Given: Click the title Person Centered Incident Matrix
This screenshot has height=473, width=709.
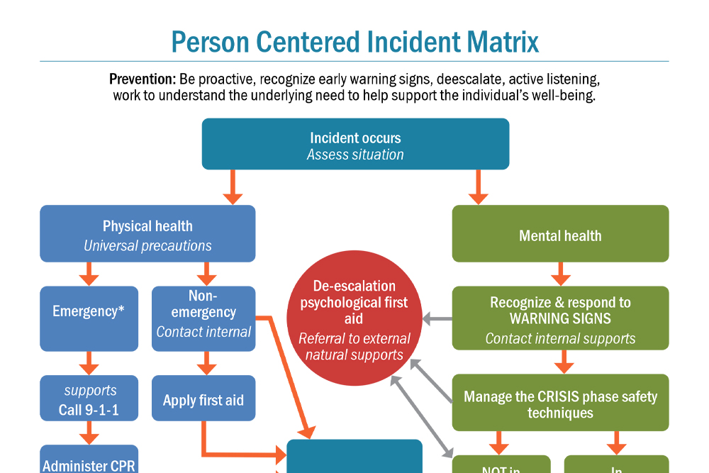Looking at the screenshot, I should point(354,42).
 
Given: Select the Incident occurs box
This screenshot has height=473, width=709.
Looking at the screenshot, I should point(355,145).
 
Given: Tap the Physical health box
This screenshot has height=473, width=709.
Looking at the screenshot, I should point(147,234).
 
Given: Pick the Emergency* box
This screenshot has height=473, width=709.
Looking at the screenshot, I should point(89,318).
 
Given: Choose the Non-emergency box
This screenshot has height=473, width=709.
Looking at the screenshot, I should point(203,318).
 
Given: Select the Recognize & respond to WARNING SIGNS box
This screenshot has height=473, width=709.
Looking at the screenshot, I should point(560,318).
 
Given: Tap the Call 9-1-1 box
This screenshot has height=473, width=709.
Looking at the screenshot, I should point(89,399).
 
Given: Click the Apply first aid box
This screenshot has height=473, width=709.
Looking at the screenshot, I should point(203,399).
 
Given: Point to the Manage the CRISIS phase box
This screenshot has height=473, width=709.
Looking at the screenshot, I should point(560,403).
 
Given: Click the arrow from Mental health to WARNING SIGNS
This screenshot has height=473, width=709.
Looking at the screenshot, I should point(560,274).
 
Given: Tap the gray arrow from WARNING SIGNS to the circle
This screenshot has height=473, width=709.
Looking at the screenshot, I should point(437,320).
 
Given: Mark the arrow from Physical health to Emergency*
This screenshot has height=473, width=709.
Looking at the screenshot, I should point(89,274).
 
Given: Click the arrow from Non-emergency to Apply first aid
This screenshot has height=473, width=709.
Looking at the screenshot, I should point(206,363).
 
